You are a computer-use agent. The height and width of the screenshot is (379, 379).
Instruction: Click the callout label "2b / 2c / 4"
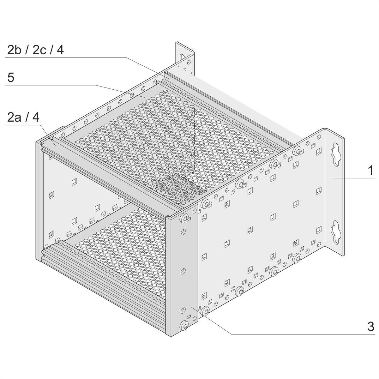(x=35, y=50)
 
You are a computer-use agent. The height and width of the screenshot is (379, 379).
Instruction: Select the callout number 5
(x=11, y=77)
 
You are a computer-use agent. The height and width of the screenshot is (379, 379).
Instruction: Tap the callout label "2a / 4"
(x=23, y=117)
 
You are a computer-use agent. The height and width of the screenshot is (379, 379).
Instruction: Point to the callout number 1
(x=371, y=170)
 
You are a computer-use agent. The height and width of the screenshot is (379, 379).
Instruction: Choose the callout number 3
(x=371, y=327)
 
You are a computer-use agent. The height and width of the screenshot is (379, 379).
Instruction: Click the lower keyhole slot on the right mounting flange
(x=336, y=232)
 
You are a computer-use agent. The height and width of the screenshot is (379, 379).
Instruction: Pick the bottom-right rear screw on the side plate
(x=297, y=258)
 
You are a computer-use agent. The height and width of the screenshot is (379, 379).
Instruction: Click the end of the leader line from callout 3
(x=190, y=306)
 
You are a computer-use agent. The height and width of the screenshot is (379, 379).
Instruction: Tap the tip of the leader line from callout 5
(x=145, y=97)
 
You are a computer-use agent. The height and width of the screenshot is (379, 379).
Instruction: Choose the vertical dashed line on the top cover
(x=194, y=138)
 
